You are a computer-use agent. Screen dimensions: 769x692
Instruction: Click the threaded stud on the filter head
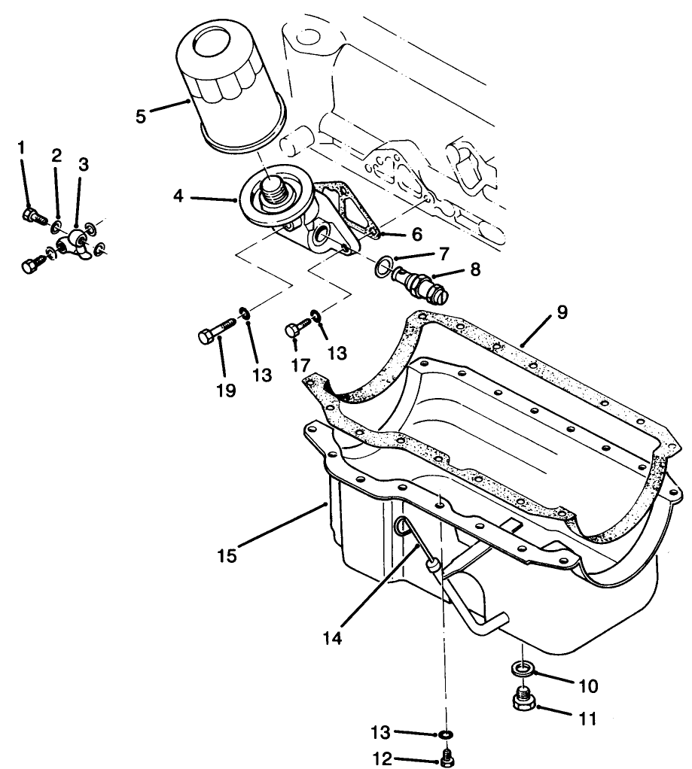click(274, 188)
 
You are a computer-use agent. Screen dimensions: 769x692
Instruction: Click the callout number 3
click(83, 163)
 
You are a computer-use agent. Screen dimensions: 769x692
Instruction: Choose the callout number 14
click(333, 637)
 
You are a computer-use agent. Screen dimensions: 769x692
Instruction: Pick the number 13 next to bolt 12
click(383, 731)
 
